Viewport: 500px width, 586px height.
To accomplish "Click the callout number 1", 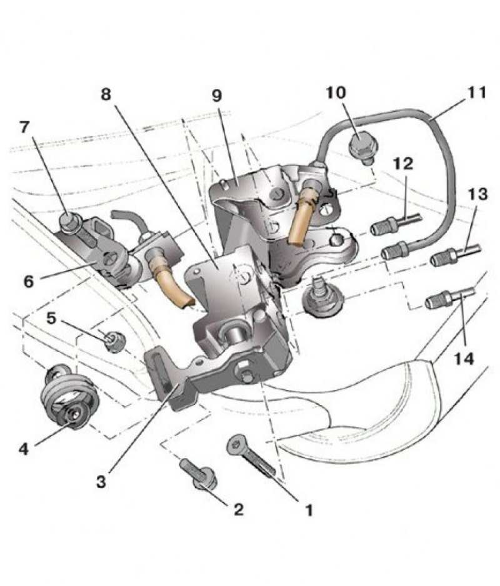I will (308, 510).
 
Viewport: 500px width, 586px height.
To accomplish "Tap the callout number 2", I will (238, 509).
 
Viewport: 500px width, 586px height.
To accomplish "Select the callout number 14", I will (463, 359).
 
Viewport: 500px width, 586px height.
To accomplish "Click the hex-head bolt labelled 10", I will (361, 148).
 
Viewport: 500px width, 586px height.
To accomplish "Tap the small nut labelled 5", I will (114, 341).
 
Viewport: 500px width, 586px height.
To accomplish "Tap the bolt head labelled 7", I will (67, 222).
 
